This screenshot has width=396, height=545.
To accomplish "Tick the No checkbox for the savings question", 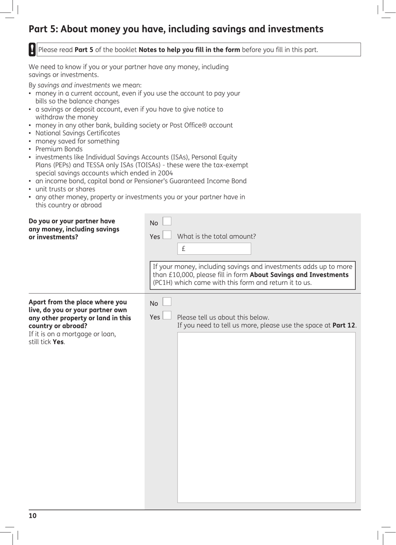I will tap(167, 221).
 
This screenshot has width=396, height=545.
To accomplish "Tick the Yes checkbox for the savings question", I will tap(167, 235).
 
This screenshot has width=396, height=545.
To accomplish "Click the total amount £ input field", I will tap(214, 249).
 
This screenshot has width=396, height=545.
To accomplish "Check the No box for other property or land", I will tap(167, 301).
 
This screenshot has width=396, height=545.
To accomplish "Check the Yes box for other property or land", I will tap(167, 315).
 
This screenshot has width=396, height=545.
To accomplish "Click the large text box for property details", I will tap(266, 417).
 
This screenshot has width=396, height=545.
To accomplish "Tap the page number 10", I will tap(33, 516).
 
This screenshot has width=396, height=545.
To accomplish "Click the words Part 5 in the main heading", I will tap(43, 29).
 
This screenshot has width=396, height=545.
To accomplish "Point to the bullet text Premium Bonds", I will tap(59, 149).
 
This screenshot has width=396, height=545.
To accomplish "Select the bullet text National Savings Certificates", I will tap(78, 133).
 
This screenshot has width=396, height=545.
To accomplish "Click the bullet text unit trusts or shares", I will tap(65, 189).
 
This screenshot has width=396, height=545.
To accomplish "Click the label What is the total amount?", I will tap(216, 236).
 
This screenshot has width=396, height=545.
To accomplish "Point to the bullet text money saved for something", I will tap(77, 141).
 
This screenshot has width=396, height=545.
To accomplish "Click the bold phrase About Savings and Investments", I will tap(299, 275).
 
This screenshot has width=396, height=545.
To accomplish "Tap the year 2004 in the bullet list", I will tap(165, 173).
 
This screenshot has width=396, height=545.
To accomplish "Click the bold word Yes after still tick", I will tap(58, 342).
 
